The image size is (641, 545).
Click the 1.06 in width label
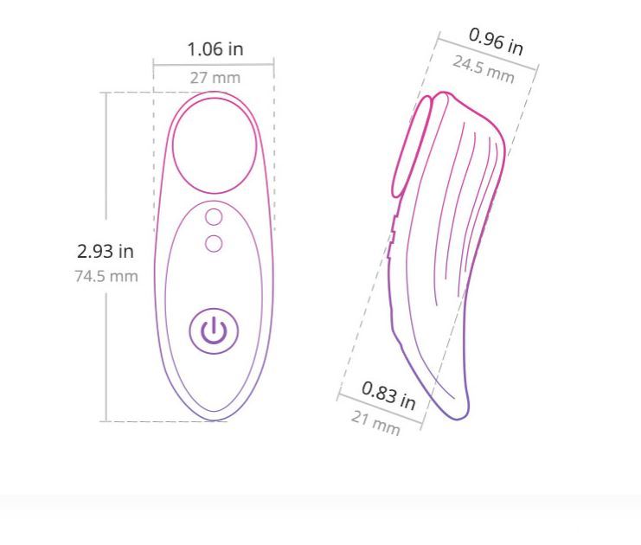(x=215, y=49)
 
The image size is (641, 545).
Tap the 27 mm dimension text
(x=215, y=78)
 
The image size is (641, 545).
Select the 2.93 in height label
(x=106, y=251)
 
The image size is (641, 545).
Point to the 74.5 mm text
(x=106, y=276)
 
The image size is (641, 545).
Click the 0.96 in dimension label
(x=496, y=42)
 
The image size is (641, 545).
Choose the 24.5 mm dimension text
(x=484, y=70)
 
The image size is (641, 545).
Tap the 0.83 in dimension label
(x=388, y=395)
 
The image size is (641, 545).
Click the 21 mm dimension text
(x=375, y=424)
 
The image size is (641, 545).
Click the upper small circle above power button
(x=214, y=217)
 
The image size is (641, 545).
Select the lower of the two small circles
(x=214, y=244)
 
